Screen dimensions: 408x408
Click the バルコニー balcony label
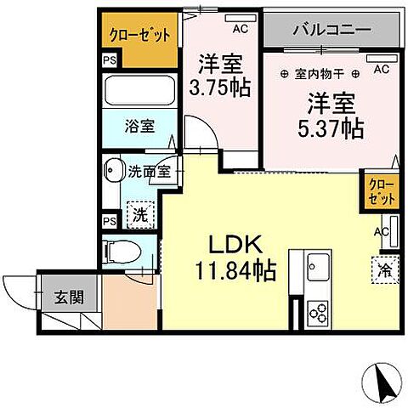[x=331, y=30]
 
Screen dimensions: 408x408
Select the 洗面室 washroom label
[x=149, y=171]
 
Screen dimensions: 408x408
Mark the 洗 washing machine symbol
[x=139, y=215]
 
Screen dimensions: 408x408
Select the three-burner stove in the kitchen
[x=319, y=312]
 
